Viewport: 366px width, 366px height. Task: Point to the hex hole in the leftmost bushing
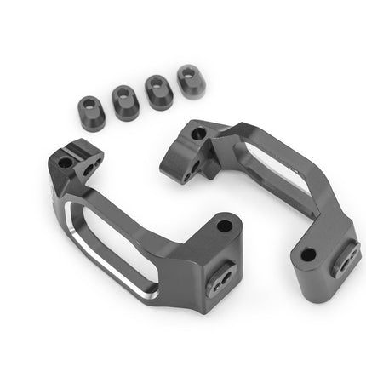coord(90,106)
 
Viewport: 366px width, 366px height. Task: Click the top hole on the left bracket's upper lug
coord(66,161)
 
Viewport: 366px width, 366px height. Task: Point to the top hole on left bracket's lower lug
coord(225,227)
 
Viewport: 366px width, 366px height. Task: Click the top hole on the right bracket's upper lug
coord(198,134)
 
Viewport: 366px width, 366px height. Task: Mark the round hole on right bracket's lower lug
coord(307,254)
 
